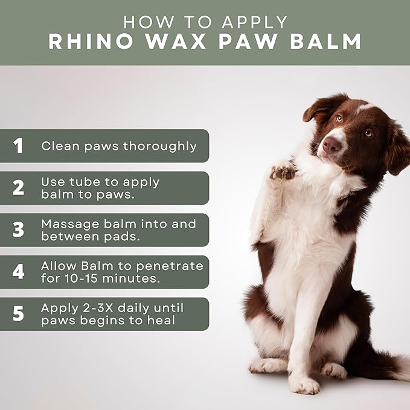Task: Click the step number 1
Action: (19, 146)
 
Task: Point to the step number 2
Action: (19, 188)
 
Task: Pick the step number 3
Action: (19, 230)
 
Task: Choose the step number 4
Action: (19, 272)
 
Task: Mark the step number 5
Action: (19, 314)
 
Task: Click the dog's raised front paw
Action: (282, 171)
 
